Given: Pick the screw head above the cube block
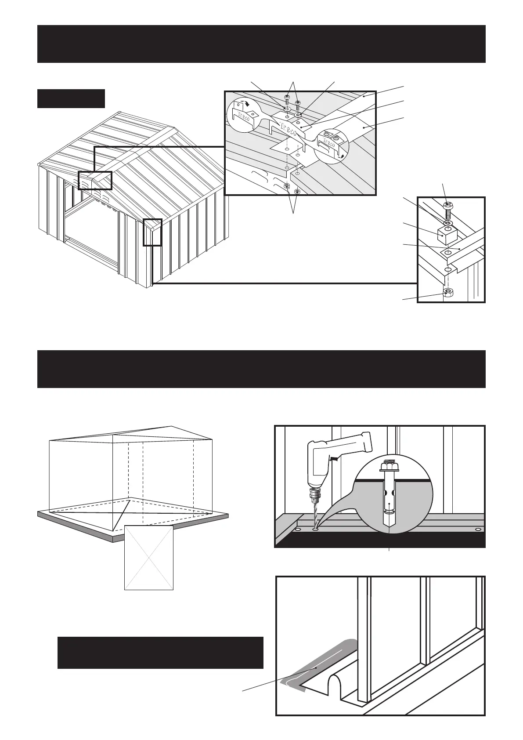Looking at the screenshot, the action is point(448,205).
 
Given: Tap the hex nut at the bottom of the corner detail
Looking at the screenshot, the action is point(447,292).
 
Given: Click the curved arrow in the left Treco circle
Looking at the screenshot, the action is point(248,104).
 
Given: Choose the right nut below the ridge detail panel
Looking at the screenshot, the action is point(298,191).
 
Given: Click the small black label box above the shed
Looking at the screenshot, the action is point(71,98).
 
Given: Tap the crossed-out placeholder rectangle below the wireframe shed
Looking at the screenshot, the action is point(149,557).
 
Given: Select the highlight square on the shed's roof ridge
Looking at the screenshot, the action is point(95,180).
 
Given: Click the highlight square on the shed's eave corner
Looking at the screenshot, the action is point(152,232).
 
